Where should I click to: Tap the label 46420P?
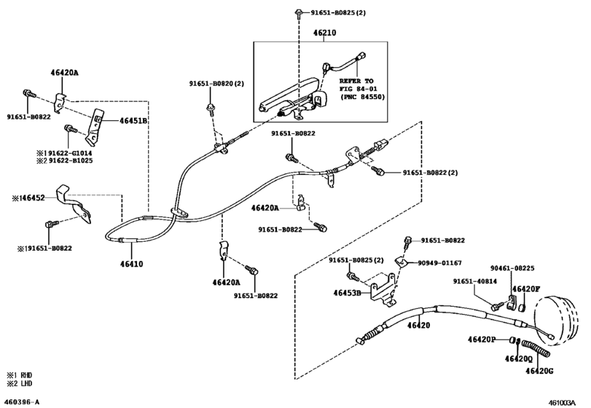coord(482,340)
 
